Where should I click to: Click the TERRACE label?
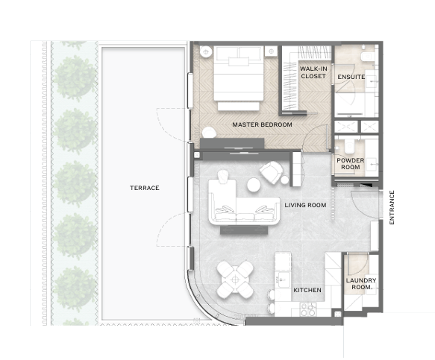(145, 188)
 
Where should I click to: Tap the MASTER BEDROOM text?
(262, 124)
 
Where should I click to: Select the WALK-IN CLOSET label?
(313, 72)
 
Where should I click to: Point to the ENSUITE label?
(351, 77)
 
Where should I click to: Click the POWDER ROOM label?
(351, 164)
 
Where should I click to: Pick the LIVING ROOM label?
(305, 205)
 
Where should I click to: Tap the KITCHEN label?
(307, 290)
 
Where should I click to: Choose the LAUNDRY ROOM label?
(361, 284)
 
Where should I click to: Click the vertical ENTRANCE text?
(392, 207)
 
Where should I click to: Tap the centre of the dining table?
(235, 280)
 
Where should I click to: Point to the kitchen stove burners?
(308, 310)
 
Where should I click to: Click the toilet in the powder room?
(349, 146)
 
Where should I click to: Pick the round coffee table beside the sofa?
(254, 185)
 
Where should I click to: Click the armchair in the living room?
(272, 172)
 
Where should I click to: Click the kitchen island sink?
(283, 280)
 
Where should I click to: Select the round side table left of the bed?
(206, 52)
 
